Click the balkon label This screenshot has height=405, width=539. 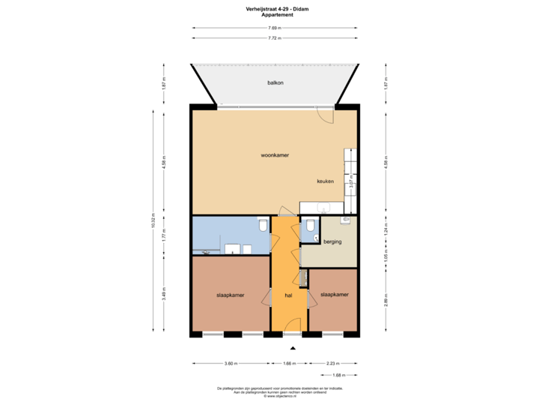(275, 83)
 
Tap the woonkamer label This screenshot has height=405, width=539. (275, 155)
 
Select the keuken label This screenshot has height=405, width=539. (324, 181)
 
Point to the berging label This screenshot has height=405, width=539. (332, 241)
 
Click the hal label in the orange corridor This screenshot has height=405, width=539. (287, 295)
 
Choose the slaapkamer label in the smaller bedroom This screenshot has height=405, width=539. (335, 295)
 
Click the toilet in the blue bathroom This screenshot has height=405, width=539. (262, 226)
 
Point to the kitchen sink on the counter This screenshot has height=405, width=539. (324, 208)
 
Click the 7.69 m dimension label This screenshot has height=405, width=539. (275, 28)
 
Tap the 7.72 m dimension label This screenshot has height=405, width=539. (275, 37)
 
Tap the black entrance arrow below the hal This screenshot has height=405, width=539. (293, 348)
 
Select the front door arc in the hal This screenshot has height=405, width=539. (293, 323)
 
